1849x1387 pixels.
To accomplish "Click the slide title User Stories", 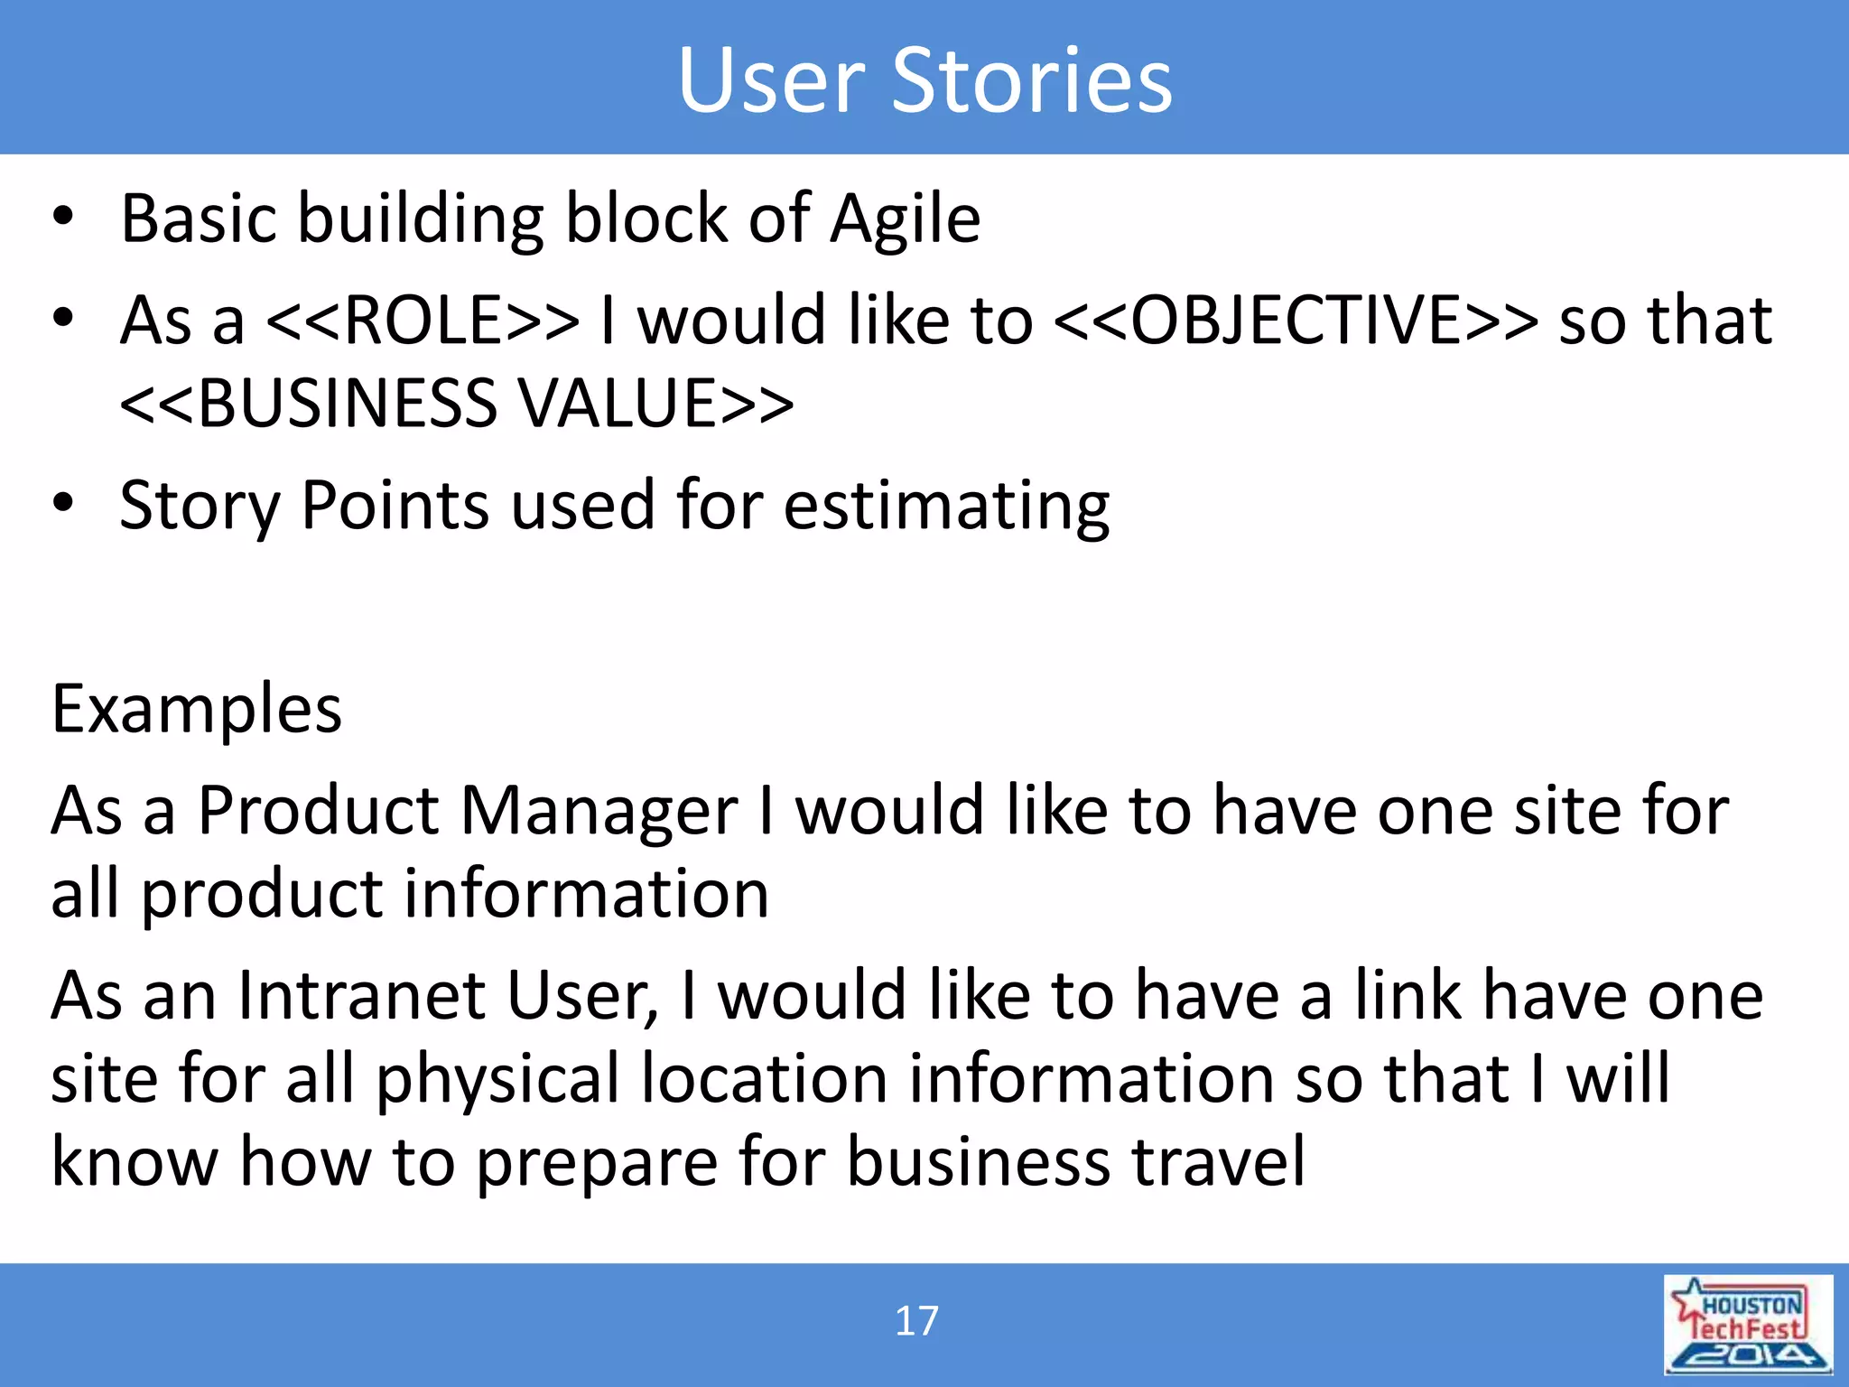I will click(924, 80).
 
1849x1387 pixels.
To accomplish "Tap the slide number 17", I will click(916, 1321).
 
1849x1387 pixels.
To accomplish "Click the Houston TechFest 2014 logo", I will click(1748, 1324).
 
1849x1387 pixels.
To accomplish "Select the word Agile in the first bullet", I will click(905, 219).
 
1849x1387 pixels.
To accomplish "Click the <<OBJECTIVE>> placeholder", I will click(1296, 321).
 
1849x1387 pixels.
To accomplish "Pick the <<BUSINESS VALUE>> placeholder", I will click(457, 404).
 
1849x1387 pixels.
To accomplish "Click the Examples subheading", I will click(197, 709).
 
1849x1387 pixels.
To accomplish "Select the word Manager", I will click(599, 811).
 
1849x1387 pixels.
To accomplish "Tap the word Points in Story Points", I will click(395, 506).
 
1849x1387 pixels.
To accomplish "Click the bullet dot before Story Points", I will click(62, 503).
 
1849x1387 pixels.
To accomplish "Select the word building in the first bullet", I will click(421, 219).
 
